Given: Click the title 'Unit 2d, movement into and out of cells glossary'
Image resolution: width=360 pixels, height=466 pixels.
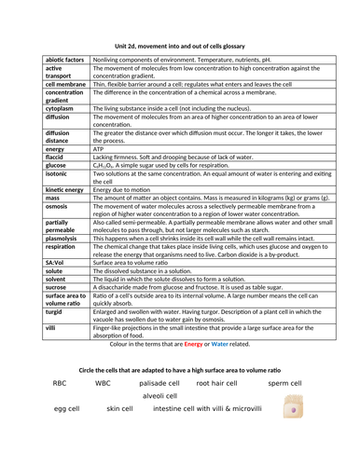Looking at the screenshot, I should [179, 46].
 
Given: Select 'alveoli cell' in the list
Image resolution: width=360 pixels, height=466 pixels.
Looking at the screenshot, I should [164, 396].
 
